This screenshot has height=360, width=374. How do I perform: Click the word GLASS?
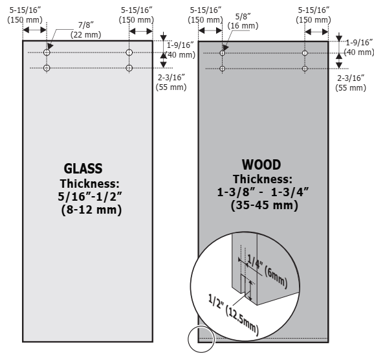pyautogui.click(x=83, y=168)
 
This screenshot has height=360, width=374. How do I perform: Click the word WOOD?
pyautogui.click(x=261, y=164)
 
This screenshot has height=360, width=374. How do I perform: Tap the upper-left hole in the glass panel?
pyautogui.click(x=47, y=52)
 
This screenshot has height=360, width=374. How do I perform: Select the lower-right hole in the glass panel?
pyautogui.click(x=129, y=68)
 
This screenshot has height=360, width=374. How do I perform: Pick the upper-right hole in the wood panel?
pyautogui.click(x=305, y=53)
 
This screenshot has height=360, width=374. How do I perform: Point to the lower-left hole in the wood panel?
pyautogui.click(x=223, y=69)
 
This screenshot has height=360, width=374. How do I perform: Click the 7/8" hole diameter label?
pyautogui.click(x=86, y=25)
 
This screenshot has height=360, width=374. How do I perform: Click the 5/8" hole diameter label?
pyautogui.click(x=243, y=16)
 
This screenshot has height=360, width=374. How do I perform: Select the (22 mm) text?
pyautogui.click(x=86, y=34)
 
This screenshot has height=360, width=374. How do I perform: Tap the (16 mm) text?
pyautogui.click(x=243, y=25)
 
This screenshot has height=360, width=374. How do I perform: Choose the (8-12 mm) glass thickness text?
pyautogui.click(x=91, y=210)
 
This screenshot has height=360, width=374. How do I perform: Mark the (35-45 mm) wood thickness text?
pyautogui.click(x=265, y=205)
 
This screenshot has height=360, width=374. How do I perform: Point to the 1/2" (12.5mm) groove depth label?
pyautogui.click(x=234, y=315)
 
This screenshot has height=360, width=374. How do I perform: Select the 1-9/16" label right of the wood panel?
pyautogui.click(x=359, y=43)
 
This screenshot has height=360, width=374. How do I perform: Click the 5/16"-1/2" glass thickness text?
pyautogui.click(x=90, y=196)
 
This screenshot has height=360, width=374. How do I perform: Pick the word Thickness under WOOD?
pyautogui.click(x=263, y=179)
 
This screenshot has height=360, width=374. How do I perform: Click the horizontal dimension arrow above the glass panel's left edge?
pyautogui.click(x=34, y=30)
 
